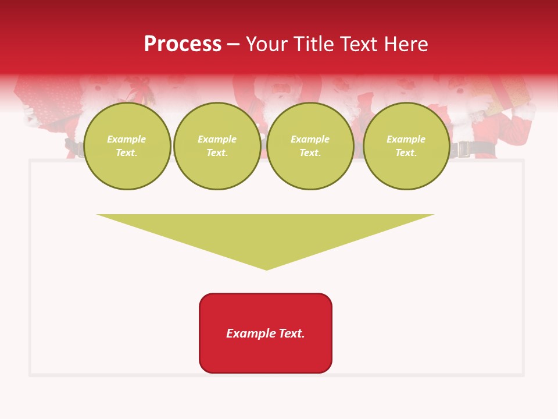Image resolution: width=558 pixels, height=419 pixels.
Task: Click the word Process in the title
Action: click(x=183, y=44)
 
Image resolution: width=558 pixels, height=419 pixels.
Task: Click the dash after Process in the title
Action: click(x=233, y=45)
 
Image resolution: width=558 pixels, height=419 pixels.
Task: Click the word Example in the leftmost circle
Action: click(x=127, y=140)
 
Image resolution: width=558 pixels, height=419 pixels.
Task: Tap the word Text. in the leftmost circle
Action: click(x=127, y=152)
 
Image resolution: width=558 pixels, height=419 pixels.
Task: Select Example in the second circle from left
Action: click(x=217, y=140)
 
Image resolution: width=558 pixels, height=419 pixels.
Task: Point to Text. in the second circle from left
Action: click(x=217, y=152)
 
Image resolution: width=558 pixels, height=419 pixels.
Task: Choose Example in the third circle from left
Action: click(x=310, y=140)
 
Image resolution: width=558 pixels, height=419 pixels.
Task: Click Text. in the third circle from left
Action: click(x=310, y=152)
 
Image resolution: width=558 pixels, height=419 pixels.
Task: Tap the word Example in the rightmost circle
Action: click(x=406, y=140)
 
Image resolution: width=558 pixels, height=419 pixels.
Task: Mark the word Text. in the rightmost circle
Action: click(x=406, y=152)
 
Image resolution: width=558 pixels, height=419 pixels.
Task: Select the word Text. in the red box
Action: click(x=292, y=333)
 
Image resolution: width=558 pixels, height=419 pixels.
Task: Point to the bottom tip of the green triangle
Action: click(x=266, y=269)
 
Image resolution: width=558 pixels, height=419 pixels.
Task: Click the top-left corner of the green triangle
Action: click(x=98, y=215)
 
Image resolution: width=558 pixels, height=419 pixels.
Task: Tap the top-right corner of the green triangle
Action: click(x=433, y=215)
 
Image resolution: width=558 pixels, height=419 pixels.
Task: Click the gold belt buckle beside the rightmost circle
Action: click(x=463, y=150)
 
